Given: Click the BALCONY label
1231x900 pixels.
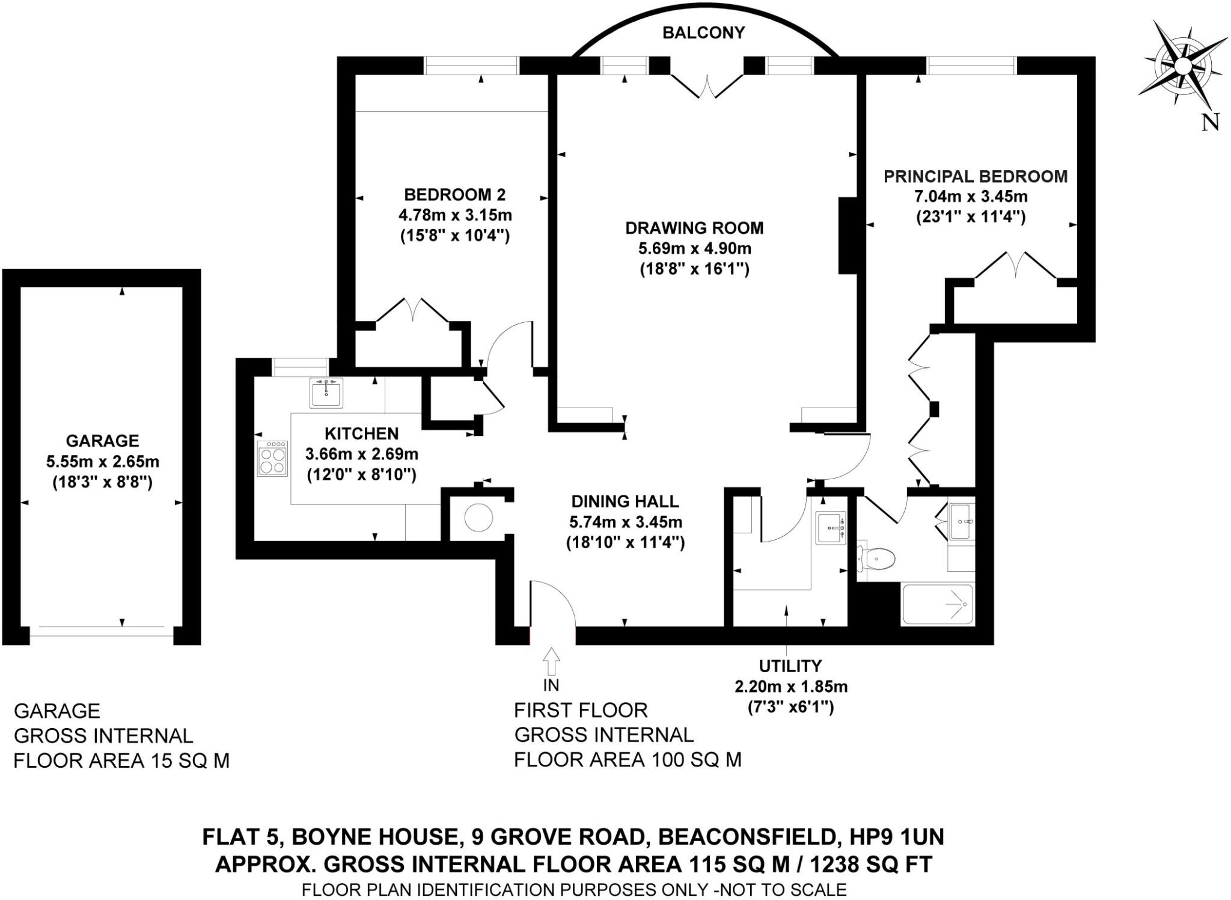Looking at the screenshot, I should (x=703, y=32).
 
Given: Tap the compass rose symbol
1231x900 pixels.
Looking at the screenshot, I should (x=1182, y=65).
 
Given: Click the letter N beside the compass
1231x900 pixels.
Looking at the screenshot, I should (x=1210, y=123).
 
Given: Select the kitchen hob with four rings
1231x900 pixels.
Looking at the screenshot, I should (x=272, y=459).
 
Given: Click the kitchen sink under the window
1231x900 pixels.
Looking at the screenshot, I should (x=326, y=393).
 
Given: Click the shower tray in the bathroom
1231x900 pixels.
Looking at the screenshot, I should (x=938, y=604).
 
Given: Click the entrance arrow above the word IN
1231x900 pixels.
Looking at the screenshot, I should (x=551, y=661).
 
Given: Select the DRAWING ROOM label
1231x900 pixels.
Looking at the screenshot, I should (x=694, y=228).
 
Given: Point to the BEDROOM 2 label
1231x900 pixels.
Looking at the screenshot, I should (x=454, y=195).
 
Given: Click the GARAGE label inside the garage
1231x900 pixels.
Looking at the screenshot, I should (x=102, y=441).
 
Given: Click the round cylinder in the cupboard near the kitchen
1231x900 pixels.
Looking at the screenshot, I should (x=479, y=517).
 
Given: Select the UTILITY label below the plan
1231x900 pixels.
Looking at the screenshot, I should (x=790, y=666).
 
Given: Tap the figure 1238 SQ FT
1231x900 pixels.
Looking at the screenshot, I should (x=871, y=865).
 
